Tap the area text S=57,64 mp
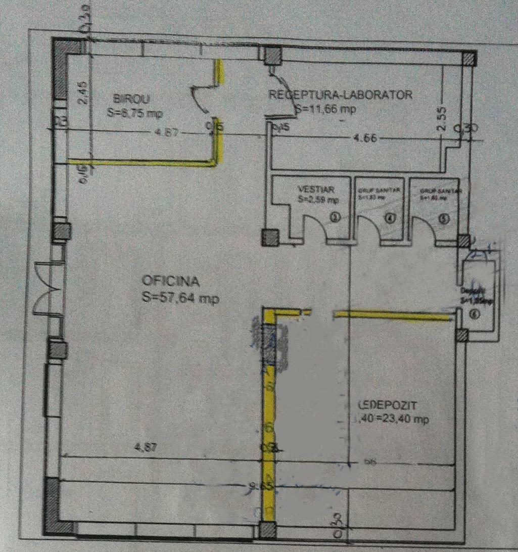[180, 299]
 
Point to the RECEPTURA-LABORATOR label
[341, 94]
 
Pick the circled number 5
[444, 219]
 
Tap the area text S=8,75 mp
[134, 114]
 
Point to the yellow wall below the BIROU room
[142, 163]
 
